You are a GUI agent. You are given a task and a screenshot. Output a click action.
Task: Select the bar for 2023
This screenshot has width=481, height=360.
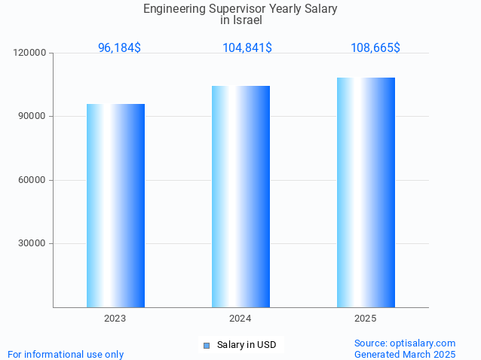coord(115,206)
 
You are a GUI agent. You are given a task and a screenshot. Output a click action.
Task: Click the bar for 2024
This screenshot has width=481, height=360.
coord(240,197)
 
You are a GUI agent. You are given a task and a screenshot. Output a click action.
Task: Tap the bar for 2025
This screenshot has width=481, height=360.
coord(366,192)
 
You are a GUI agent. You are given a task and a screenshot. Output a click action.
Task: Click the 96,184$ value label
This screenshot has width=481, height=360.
coord(119,47)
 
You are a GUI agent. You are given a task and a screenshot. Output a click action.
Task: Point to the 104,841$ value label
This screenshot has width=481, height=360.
coord(247,47)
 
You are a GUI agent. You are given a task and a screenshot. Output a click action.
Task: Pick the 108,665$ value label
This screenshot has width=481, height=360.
coord(375,47)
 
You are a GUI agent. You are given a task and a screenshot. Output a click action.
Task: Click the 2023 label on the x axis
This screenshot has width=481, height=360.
coord(115,319)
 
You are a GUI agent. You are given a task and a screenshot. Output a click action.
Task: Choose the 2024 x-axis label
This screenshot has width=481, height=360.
coord(240,319)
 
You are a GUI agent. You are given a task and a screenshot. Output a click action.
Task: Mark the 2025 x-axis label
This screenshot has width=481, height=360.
coord(366,319)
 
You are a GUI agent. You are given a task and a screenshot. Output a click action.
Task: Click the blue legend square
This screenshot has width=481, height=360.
coord(206,346)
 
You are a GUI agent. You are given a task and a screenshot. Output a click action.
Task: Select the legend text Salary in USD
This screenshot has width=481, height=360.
coord(247,345)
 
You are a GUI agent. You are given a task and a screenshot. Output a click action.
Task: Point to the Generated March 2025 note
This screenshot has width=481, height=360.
coord(405,354)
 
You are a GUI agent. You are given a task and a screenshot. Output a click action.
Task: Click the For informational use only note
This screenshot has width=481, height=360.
coord(66,354)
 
